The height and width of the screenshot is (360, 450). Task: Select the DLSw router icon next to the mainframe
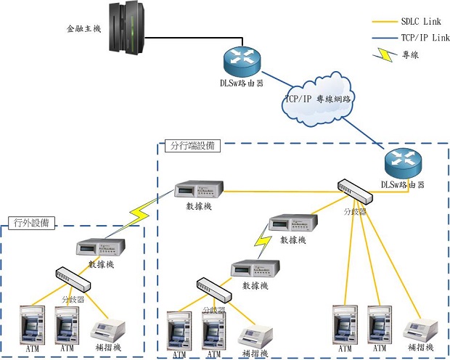[240, 58]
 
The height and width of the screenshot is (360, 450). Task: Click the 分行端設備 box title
[192, 147]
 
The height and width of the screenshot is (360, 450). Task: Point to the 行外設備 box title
[30, 222]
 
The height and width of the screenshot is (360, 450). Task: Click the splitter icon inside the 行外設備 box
[72, 277]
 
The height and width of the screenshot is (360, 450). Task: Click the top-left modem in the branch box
[198, 191]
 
